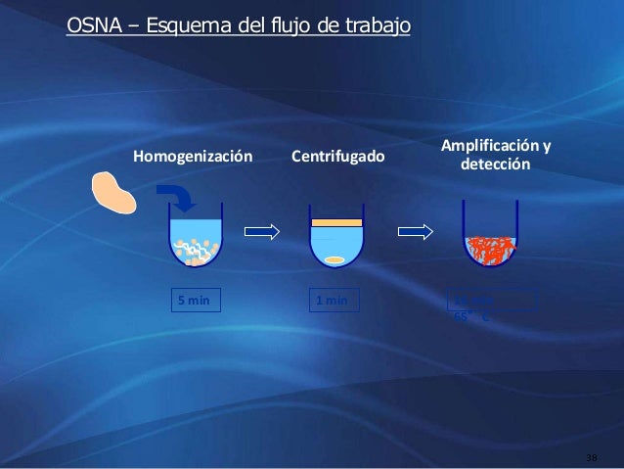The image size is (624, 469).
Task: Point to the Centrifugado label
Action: tap(338, 157)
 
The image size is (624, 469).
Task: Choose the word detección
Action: tap(495, 165)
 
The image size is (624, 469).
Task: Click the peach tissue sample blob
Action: tap(115, 192)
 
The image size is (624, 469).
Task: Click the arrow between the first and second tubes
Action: tap(262, 231)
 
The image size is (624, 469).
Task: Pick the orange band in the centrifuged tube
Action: tap(336, 224)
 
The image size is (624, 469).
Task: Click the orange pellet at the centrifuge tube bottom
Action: tap(335, 259)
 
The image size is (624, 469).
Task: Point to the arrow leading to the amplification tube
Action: tap(416, 231)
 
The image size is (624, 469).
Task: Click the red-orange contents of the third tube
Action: tap(489, 251)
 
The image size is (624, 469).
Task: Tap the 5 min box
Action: tap(194, 300)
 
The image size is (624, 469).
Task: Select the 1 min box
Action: tap(333, 300)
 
